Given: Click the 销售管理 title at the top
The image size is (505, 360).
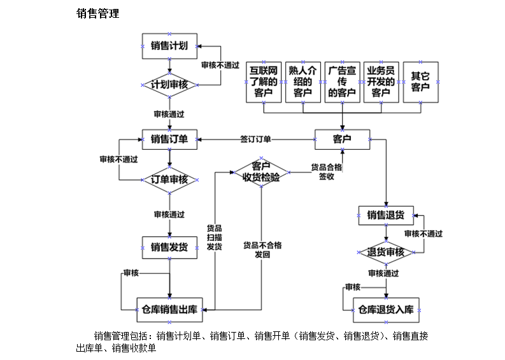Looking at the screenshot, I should (x=97, y=13).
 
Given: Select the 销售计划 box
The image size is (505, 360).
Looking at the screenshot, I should (x=169, y=45).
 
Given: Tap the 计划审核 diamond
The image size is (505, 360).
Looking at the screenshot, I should (x=169, y=85).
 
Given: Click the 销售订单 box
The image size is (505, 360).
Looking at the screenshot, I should (x=169, y=138).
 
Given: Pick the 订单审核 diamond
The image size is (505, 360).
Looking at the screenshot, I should (x=169, y=179).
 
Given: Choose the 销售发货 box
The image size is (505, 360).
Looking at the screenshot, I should (x=169, y=247).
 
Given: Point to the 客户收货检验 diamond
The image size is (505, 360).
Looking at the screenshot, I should (x=261, y=172).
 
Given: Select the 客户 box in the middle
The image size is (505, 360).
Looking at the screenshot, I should (x=342, y=138).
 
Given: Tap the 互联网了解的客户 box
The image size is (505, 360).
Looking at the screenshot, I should (x=263, y=82).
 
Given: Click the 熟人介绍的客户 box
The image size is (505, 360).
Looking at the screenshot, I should (x=302, y=82).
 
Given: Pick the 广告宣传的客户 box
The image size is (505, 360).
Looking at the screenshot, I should (x=342, y=82).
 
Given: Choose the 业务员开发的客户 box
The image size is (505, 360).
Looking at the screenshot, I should (x=381, y=82).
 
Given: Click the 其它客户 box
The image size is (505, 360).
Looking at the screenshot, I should (x=420, y=82).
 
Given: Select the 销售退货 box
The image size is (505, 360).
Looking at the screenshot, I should (x=386, y=215).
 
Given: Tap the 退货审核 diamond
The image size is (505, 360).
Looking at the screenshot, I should (x=386, y=252).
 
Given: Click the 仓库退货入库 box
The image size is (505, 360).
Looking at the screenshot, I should (x=386, y=310).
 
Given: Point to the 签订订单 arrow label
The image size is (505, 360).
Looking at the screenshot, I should (x=255, y=139).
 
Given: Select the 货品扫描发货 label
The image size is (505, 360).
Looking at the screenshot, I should (x=215, y=237).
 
